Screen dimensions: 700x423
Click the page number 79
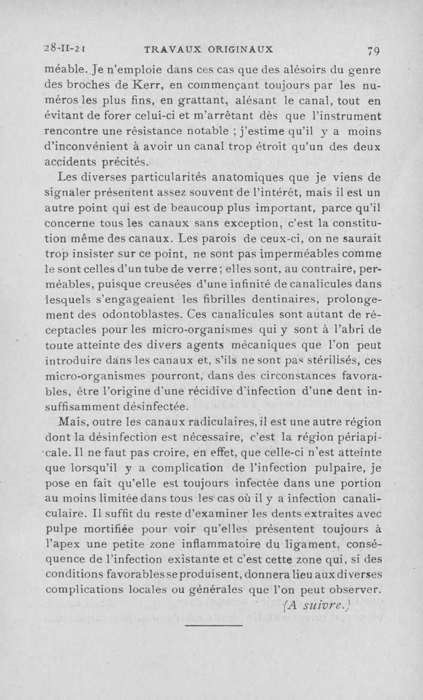[373, 51]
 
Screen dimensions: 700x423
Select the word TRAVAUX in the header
[169, 50]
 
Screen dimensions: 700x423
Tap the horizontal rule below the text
[214, 627]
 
